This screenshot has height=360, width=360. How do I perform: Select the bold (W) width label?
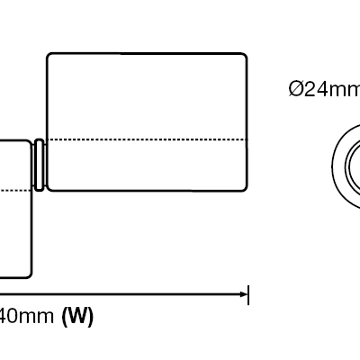tap(77, 316)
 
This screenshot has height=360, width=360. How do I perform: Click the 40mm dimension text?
tap(27, 316)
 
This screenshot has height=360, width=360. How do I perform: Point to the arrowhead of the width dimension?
tap(244, 294)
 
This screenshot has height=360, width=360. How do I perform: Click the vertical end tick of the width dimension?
tap(248, 295)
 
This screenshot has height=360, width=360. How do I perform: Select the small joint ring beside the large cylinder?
tap(39, 165)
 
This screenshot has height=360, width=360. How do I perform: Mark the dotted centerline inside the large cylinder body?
tap(148, 139)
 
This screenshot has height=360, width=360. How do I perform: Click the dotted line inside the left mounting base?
tap(15, 190)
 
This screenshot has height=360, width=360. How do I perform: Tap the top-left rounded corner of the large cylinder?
tap(49, 55)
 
